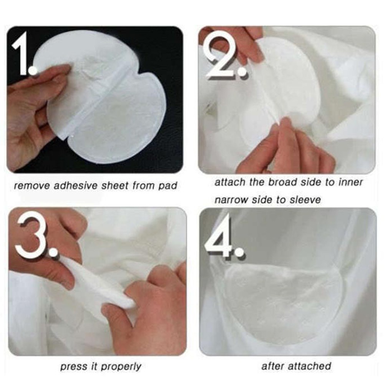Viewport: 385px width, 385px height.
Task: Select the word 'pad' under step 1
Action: (168, 186)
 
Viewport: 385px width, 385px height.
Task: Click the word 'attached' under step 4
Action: (310, 366)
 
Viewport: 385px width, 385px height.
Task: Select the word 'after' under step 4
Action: (273, 366)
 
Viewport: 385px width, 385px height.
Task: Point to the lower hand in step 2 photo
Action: (287, 145)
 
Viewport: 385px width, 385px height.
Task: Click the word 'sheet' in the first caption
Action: (115, 185)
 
